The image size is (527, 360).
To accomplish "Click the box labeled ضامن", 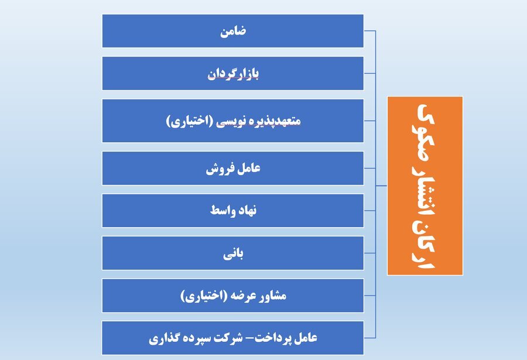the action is pos(233,31).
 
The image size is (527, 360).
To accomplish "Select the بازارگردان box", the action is pos(233,73).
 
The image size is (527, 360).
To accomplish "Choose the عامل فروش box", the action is pos(233,168).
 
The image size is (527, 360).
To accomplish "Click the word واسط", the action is pos(222,211).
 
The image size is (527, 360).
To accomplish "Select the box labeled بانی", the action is pos(233,253).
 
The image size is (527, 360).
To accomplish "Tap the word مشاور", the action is pos(272,296).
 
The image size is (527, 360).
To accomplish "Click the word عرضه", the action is pos(242,296).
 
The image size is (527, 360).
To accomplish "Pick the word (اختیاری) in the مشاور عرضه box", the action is pos(204,296).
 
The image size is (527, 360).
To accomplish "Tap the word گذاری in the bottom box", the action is pos(163,338).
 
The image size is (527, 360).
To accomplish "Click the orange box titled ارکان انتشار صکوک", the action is pos(425,186).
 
